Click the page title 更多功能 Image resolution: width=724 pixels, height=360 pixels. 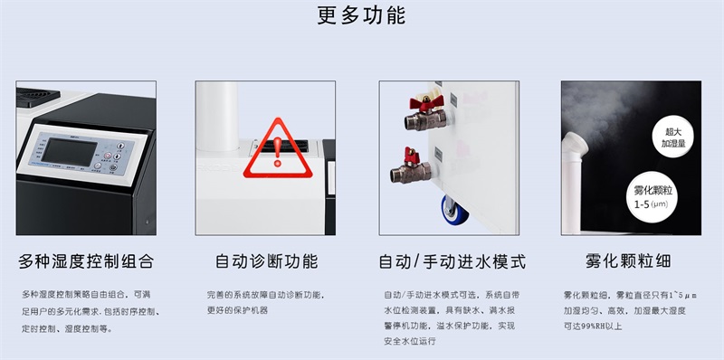361,16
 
